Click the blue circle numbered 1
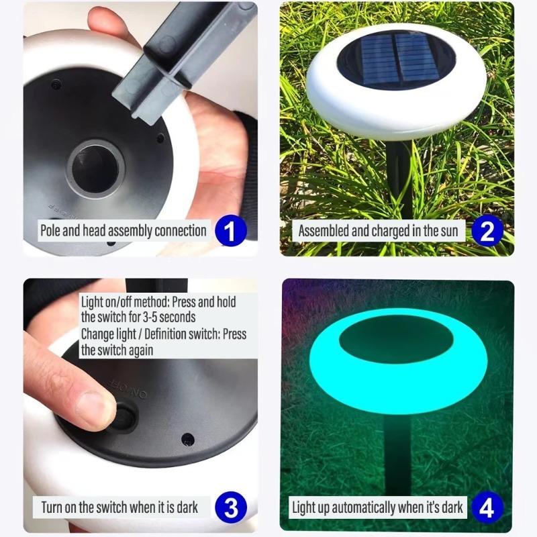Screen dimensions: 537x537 (x=230, y=231)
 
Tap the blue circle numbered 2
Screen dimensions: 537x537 (x=487, y=231)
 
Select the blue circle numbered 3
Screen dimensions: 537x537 (x=230, y=507)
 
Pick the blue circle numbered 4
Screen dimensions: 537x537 (x=487, y=507)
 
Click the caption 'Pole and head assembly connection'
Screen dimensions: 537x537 (x=123, y=231)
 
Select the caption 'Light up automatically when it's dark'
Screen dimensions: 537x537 (x=377, y=507)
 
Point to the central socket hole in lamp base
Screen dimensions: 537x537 (x=95, y=164)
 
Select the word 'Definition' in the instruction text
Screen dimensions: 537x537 (x=165, y=334)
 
